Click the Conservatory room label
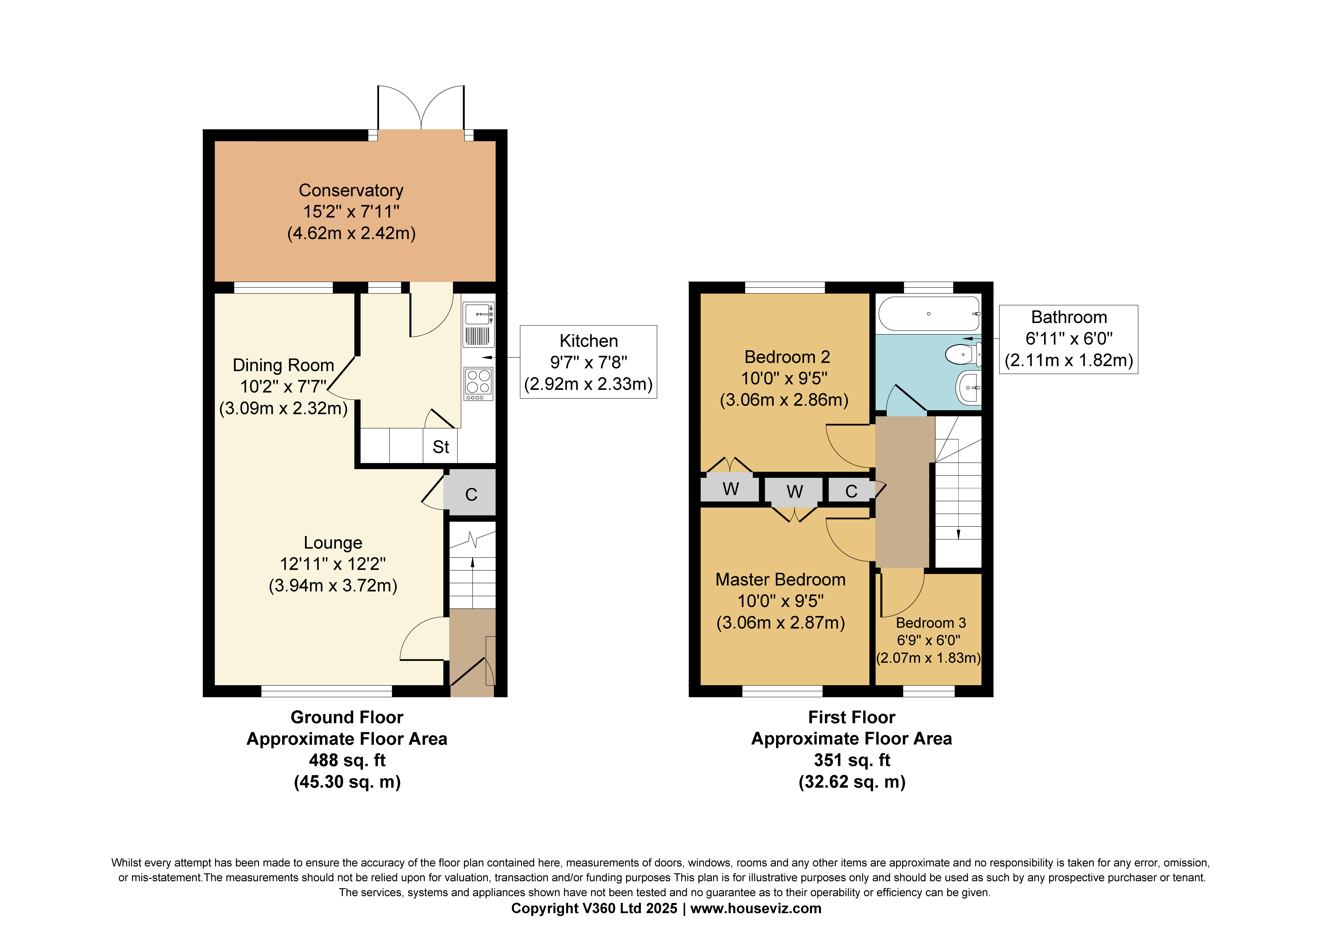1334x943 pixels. [x=351, y=191]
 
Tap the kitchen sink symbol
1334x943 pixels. [x=479, y=314]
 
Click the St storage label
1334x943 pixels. [x=440, y=447]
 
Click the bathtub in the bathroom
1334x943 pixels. [x=928, y=314]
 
